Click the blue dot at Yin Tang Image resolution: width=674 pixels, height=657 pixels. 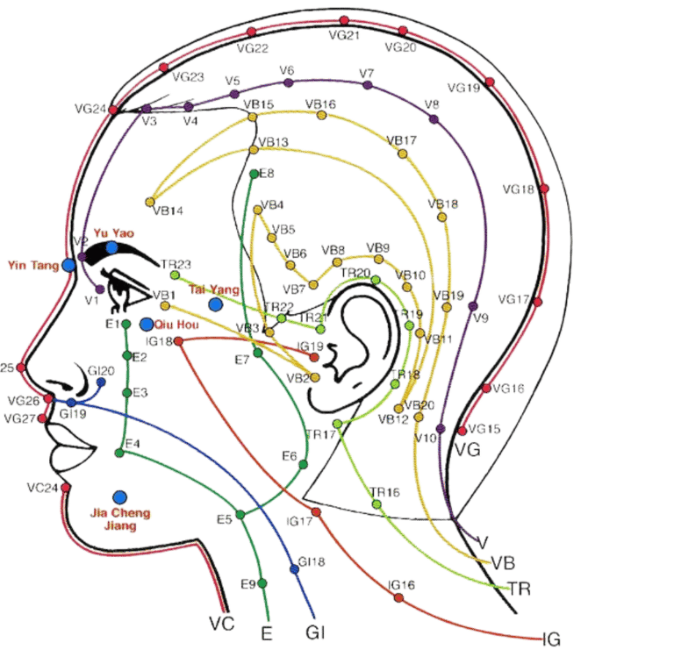click(68, 264)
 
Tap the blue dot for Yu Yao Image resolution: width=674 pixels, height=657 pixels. click(112, 248)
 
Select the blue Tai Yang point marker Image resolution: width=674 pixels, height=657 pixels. click(216, 304)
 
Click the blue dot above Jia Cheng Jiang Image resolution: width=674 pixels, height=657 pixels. click(119, 496)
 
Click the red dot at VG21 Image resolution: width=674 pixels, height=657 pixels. click(343, 20)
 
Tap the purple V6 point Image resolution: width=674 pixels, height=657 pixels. click(288, 82)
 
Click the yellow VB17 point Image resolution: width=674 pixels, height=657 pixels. click(402, 154)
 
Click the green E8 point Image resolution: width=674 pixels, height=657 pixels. click(255, 174)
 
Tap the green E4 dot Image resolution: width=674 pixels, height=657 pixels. click(119, 453)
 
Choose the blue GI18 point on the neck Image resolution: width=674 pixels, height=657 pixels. click(294, 569)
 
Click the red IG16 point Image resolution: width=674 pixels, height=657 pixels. click(398, 598)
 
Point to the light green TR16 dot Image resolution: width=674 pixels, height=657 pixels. click(376, 504)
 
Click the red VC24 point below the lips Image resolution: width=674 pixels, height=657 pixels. click(65, 487)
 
